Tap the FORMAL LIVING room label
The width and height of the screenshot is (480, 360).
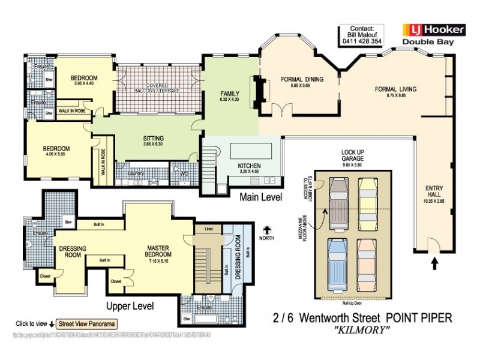[x=395, y=89]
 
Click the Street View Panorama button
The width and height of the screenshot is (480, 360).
[x=86, y=322]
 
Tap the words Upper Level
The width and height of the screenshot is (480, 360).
[x=130, y=306]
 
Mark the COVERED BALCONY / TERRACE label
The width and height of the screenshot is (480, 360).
[x=157, y=87]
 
